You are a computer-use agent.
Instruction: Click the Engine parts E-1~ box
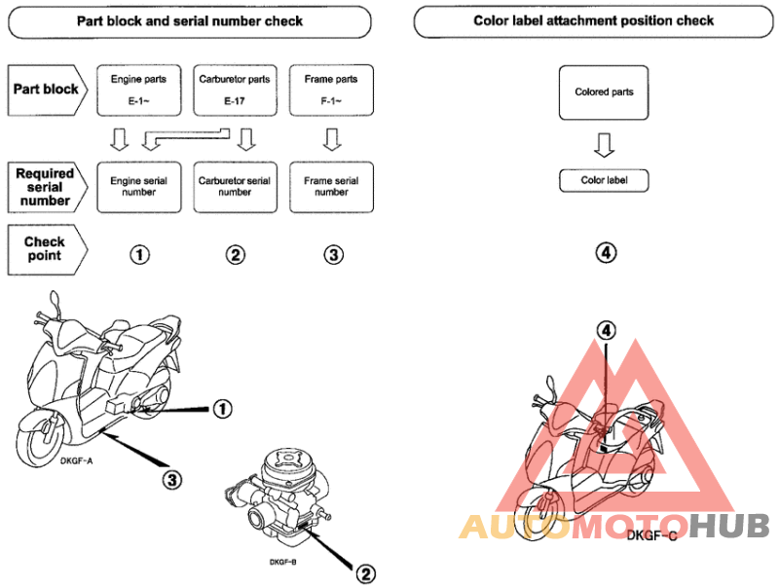point(138,91)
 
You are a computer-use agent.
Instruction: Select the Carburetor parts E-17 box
point(235,91)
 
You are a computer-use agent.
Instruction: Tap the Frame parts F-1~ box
point(331,91)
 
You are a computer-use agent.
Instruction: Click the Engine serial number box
point(138,187)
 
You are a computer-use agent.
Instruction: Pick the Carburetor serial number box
point(235,187)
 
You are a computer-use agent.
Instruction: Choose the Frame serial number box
point(331,187)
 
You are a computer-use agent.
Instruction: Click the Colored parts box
point(604,92)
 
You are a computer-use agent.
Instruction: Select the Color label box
point(604,181)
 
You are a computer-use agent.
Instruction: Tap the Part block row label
point(47,90)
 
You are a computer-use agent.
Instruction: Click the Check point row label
point(47,250)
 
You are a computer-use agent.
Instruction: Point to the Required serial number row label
point(47,187)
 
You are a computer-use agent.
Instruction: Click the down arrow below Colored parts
point(604,145)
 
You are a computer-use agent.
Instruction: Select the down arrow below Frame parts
point(332,139)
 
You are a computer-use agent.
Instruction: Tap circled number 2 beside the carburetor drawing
point(366,574)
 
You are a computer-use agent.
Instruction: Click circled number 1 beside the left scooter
point(222,409)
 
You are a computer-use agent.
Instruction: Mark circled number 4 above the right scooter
point(606,330)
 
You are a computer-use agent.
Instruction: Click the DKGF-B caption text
point(282,562)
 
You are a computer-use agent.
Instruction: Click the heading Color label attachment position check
point(593,20)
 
